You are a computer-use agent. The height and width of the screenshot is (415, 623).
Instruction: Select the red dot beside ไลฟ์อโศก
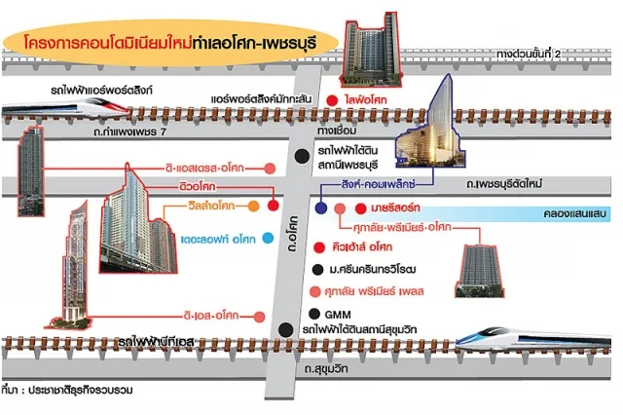[333, 100]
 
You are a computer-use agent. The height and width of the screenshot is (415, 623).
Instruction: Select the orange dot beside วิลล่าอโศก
[253, 207]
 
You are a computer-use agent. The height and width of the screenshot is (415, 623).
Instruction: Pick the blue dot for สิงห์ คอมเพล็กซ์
[320, 207]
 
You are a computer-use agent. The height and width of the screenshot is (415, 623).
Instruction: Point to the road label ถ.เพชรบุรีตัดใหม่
[511, 184]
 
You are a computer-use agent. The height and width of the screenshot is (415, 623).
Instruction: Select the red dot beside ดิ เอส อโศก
[259, 315]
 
